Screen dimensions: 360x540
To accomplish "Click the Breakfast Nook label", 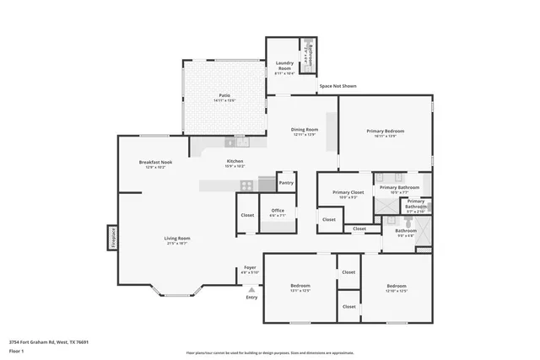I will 155,164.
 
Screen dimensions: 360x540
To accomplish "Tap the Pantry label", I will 286,182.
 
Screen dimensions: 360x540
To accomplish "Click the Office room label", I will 278,212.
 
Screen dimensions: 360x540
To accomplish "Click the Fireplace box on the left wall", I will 111,237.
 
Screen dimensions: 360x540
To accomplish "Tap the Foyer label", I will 250,269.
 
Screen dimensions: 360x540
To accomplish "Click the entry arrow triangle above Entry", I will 251,289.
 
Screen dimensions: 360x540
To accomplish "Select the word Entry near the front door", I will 251,298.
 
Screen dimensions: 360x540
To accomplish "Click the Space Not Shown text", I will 337,86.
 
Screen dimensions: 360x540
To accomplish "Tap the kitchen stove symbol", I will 246,185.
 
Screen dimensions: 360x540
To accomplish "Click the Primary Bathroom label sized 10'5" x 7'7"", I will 399,189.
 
